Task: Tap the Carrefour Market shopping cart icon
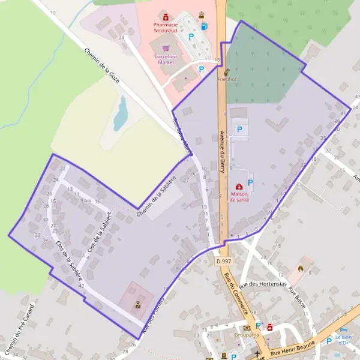(x=166, y=49)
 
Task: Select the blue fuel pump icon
(x=205, y=26)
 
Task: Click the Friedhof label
(x=227, y=79)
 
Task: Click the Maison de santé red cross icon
(x=239, y=187)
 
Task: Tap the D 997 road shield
(x=223, y=262)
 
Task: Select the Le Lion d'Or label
(x=343, y=340)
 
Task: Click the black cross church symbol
(x=258, y=354)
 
